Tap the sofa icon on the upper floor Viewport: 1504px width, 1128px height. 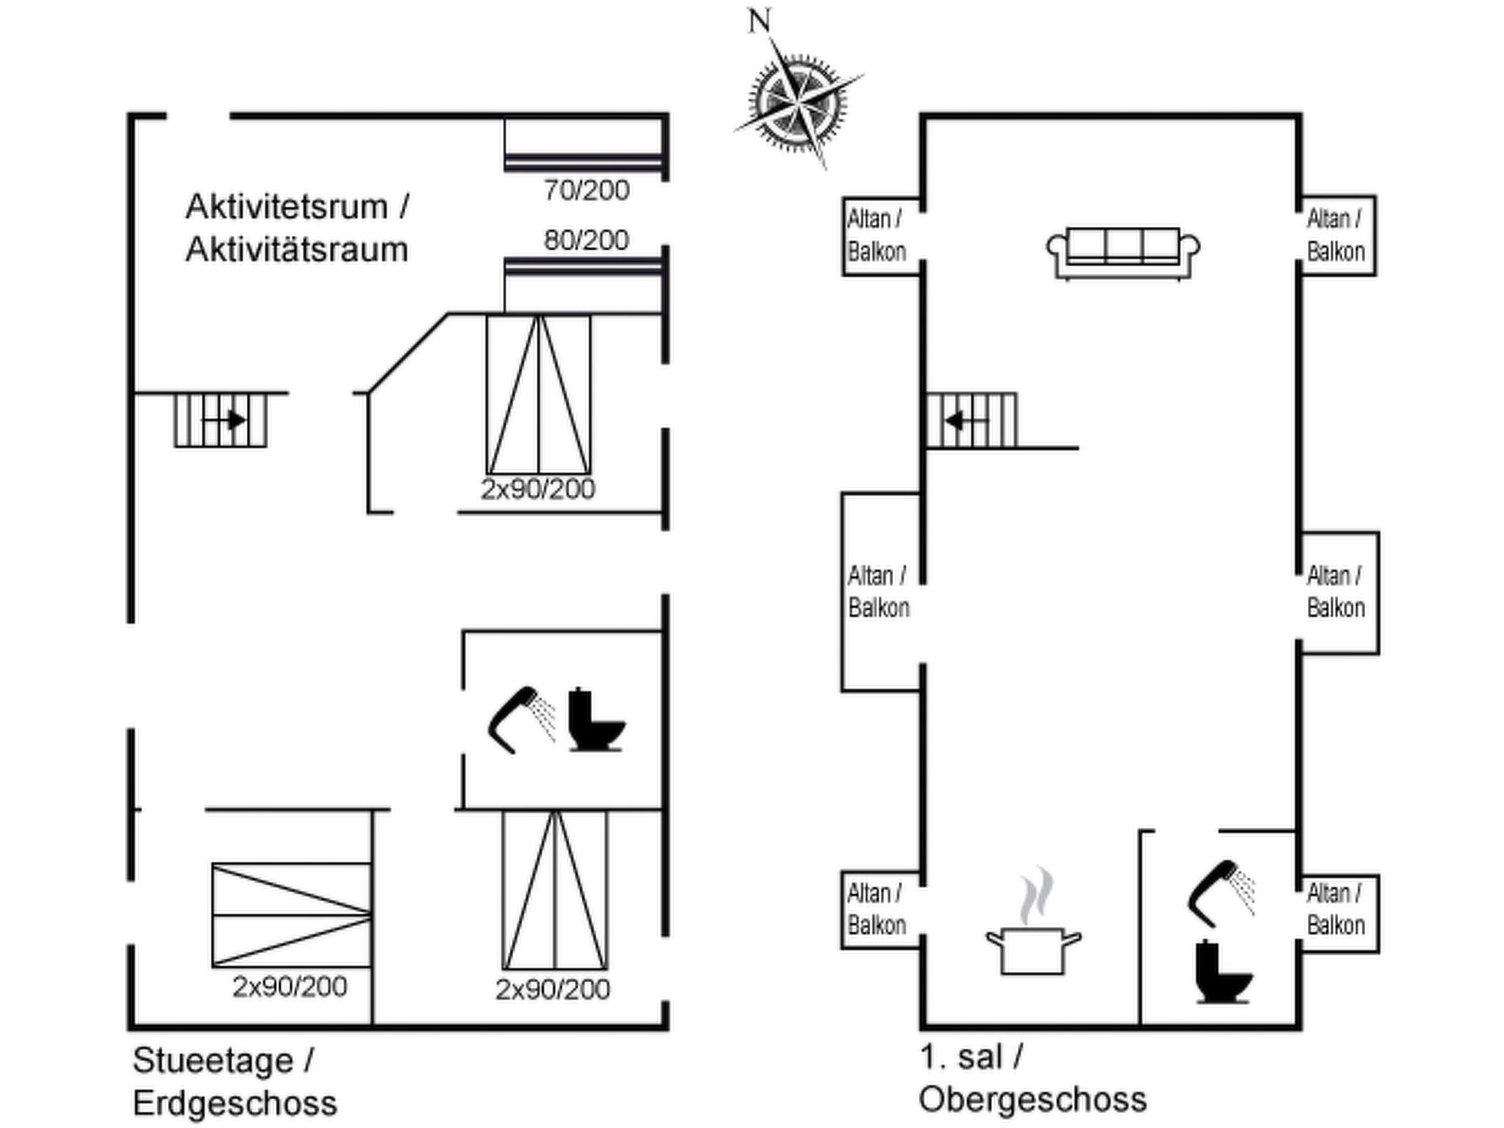(1123, 253)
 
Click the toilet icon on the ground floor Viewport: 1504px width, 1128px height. (596, 720)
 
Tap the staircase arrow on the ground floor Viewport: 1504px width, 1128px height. (223, 421)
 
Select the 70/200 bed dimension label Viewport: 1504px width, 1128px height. (586, 191)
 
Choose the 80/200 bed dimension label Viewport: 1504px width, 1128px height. (586, 240)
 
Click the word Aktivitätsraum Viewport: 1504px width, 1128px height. (297, 250)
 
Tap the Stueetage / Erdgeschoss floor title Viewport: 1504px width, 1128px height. (235, 1081)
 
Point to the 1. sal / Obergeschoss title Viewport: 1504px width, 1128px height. (1032, 1078)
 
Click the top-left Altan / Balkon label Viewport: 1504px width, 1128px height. (876, 235)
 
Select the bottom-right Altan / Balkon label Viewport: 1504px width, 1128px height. (1336, 909)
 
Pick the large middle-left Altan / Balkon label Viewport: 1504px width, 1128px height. (878, 591)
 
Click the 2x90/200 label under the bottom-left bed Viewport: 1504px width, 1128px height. (289, 987)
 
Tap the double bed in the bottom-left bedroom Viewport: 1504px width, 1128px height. (292, 915)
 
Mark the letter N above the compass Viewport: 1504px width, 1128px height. (759, 21)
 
